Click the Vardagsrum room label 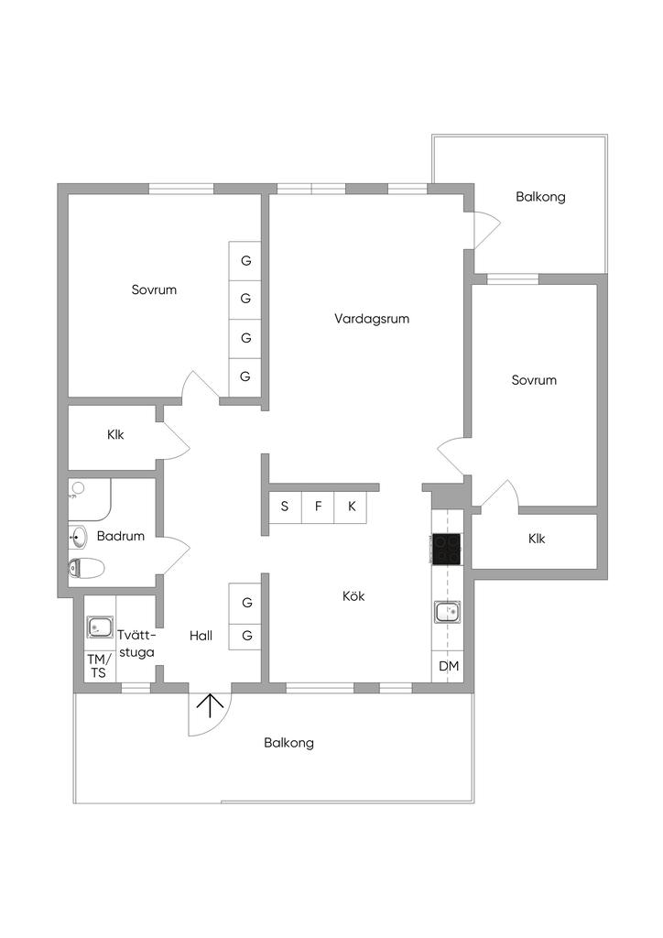372,318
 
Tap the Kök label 353,595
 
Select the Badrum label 121,536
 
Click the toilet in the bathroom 86,568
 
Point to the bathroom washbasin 78,537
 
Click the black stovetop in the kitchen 446,549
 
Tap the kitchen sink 447,612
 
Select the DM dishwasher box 448,665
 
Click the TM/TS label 99,666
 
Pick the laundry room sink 99,627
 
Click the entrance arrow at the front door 210,705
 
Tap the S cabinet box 285,507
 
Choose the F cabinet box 318,507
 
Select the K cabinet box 352,507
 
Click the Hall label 201,636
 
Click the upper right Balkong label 540,197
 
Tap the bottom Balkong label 288,743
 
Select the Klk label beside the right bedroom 537,539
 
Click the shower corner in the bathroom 90,499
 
